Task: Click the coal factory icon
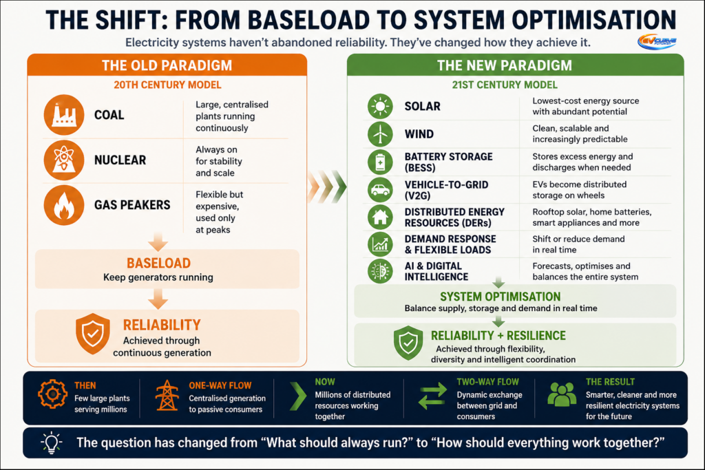tap(64, 115)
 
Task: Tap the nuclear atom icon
tap(64, 160)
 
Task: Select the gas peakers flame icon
tap(64, 205)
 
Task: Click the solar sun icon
tap(380, 107)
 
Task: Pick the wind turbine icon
tap(380, 134)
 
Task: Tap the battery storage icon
tap(380, 162)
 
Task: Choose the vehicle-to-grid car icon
tap(380, 190)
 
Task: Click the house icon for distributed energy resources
tap(380, 217)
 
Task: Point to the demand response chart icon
tap(380, 244)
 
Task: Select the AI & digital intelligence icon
tap(380, 271)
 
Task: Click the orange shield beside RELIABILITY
tap(93, 334)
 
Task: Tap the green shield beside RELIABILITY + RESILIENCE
tap(408, 343)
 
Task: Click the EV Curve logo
tap(657, 42)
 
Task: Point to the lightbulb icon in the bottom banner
tap(51, 442)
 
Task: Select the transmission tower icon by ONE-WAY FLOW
tap(167, 396)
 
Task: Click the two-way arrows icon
tap(432, 396)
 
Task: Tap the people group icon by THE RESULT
tap(562, 394)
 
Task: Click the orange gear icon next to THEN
tap(52, 394)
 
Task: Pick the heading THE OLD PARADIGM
tap(167, 65)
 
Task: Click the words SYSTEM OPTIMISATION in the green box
tap(500, 297)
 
